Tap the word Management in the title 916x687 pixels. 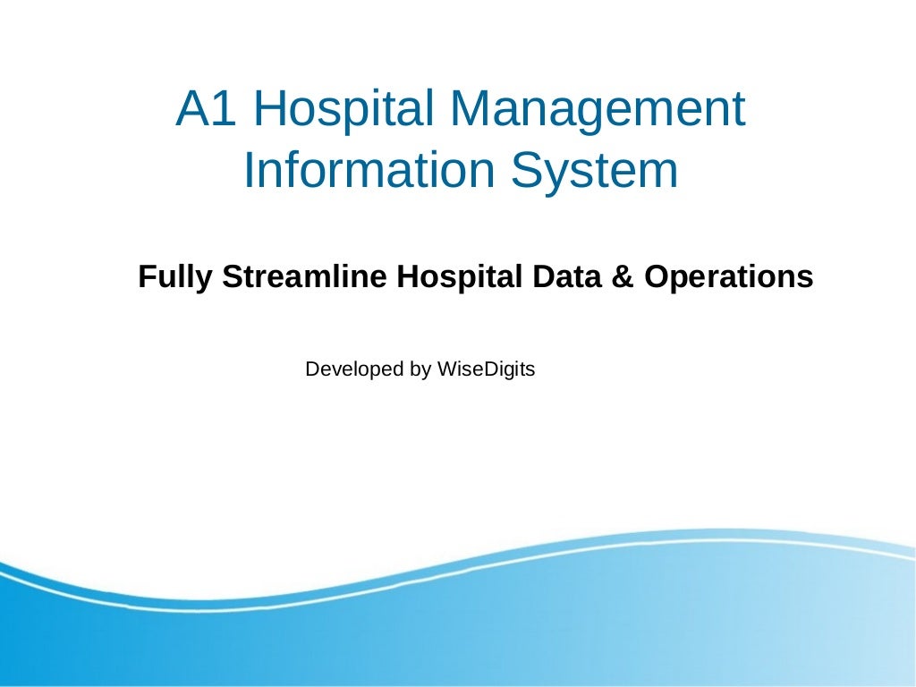coord(597,110)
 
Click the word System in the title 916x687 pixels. coord(595,171)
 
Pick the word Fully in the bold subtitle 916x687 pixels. coord(175,277)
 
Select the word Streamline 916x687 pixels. coord(304,276)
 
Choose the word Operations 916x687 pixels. coord(729,277)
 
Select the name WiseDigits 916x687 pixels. coord(485,369)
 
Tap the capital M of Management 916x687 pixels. coord(471,108)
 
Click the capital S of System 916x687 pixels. coord(529,171)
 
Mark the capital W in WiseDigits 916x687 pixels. coord(445,368)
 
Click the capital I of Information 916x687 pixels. coord(249,171)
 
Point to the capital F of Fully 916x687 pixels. coord(146,276)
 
